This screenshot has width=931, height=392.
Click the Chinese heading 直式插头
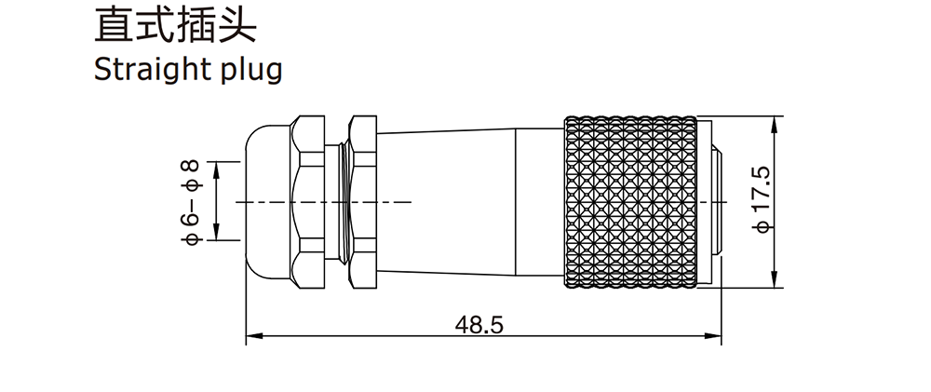click(x=175, y=24)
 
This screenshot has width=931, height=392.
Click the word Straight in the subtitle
click(x=149, y=70)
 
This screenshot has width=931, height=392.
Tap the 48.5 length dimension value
click(x=479, y=324)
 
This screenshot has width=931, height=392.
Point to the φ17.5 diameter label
click(x=762, y=199)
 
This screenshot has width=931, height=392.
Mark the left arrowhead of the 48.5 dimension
click(x=254, y=336)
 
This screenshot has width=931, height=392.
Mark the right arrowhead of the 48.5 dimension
click(x=713, y=336)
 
